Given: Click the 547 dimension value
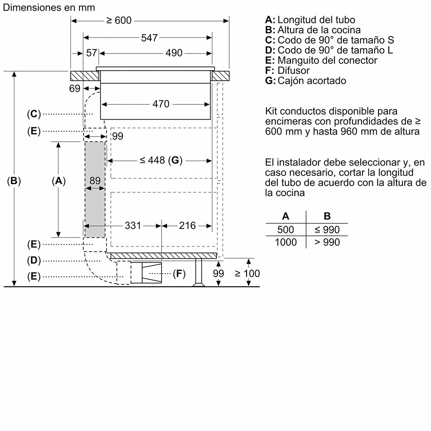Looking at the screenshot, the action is [x=149, y=38].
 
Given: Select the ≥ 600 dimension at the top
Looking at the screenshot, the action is [x=119, y=20].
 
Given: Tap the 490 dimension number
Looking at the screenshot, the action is [x=174, y=53].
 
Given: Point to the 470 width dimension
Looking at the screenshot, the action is [x=161, y=104].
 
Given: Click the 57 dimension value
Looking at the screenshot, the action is [x=91, y=53].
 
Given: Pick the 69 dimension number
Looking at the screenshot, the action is [x=75, y=88].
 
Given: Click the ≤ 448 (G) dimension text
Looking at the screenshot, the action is [x=161, y=160].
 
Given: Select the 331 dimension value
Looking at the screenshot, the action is [x=133, y=226].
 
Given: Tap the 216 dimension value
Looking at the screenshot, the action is [x=187, y=226].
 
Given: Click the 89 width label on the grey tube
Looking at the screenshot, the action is [x=95, y=181].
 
